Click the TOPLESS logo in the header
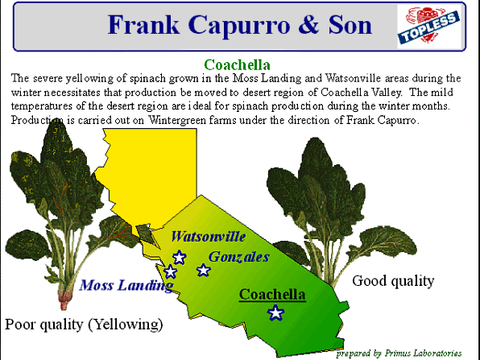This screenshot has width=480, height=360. [x=428, y=27]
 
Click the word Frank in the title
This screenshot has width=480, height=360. [x=143, y=25]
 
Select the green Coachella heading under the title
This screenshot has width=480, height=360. [x=238, y=65]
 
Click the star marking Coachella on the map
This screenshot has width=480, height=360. [x=275, y=312]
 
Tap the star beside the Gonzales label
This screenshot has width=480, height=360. [x=204, y=270]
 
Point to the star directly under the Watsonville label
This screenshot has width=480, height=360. [x=180, y=257]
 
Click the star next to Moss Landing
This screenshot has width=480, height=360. [x=170, y=271]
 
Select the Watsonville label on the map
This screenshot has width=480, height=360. [x=208, y=237]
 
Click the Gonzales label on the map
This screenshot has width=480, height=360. [x=238, y=257]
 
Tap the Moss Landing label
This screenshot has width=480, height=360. [x=126, y=285]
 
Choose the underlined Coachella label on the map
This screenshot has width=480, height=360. [x=272, y=295]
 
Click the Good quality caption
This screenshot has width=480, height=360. [x=393, y=281]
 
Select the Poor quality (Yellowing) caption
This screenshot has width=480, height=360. [x=84, y=325]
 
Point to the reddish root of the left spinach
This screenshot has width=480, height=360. [x=64, y=299]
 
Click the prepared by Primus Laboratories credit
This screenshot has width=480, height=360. [x=399, y=354]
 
